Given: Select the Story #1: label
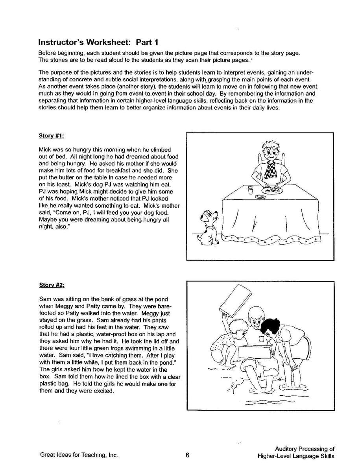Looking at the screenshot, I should coord(51,136).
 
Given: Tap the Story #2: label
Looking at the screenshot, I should coord(51,284).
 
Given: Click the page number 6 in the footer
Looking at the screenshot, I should coord(187,455).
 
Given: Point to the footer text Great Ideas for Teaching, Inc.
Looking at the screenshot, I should coord(79,455).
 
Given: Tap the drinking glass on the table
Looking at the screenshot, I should coord(251,190).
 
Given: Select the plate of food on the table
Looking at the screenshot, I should coord(272,190).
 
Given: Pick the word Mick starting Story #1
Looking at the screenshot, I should coord(45,149).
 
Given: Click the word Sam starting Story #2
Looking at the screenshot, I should coord(45,299).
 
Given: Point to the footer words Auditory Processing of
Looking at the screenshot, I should coord(305,449).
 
